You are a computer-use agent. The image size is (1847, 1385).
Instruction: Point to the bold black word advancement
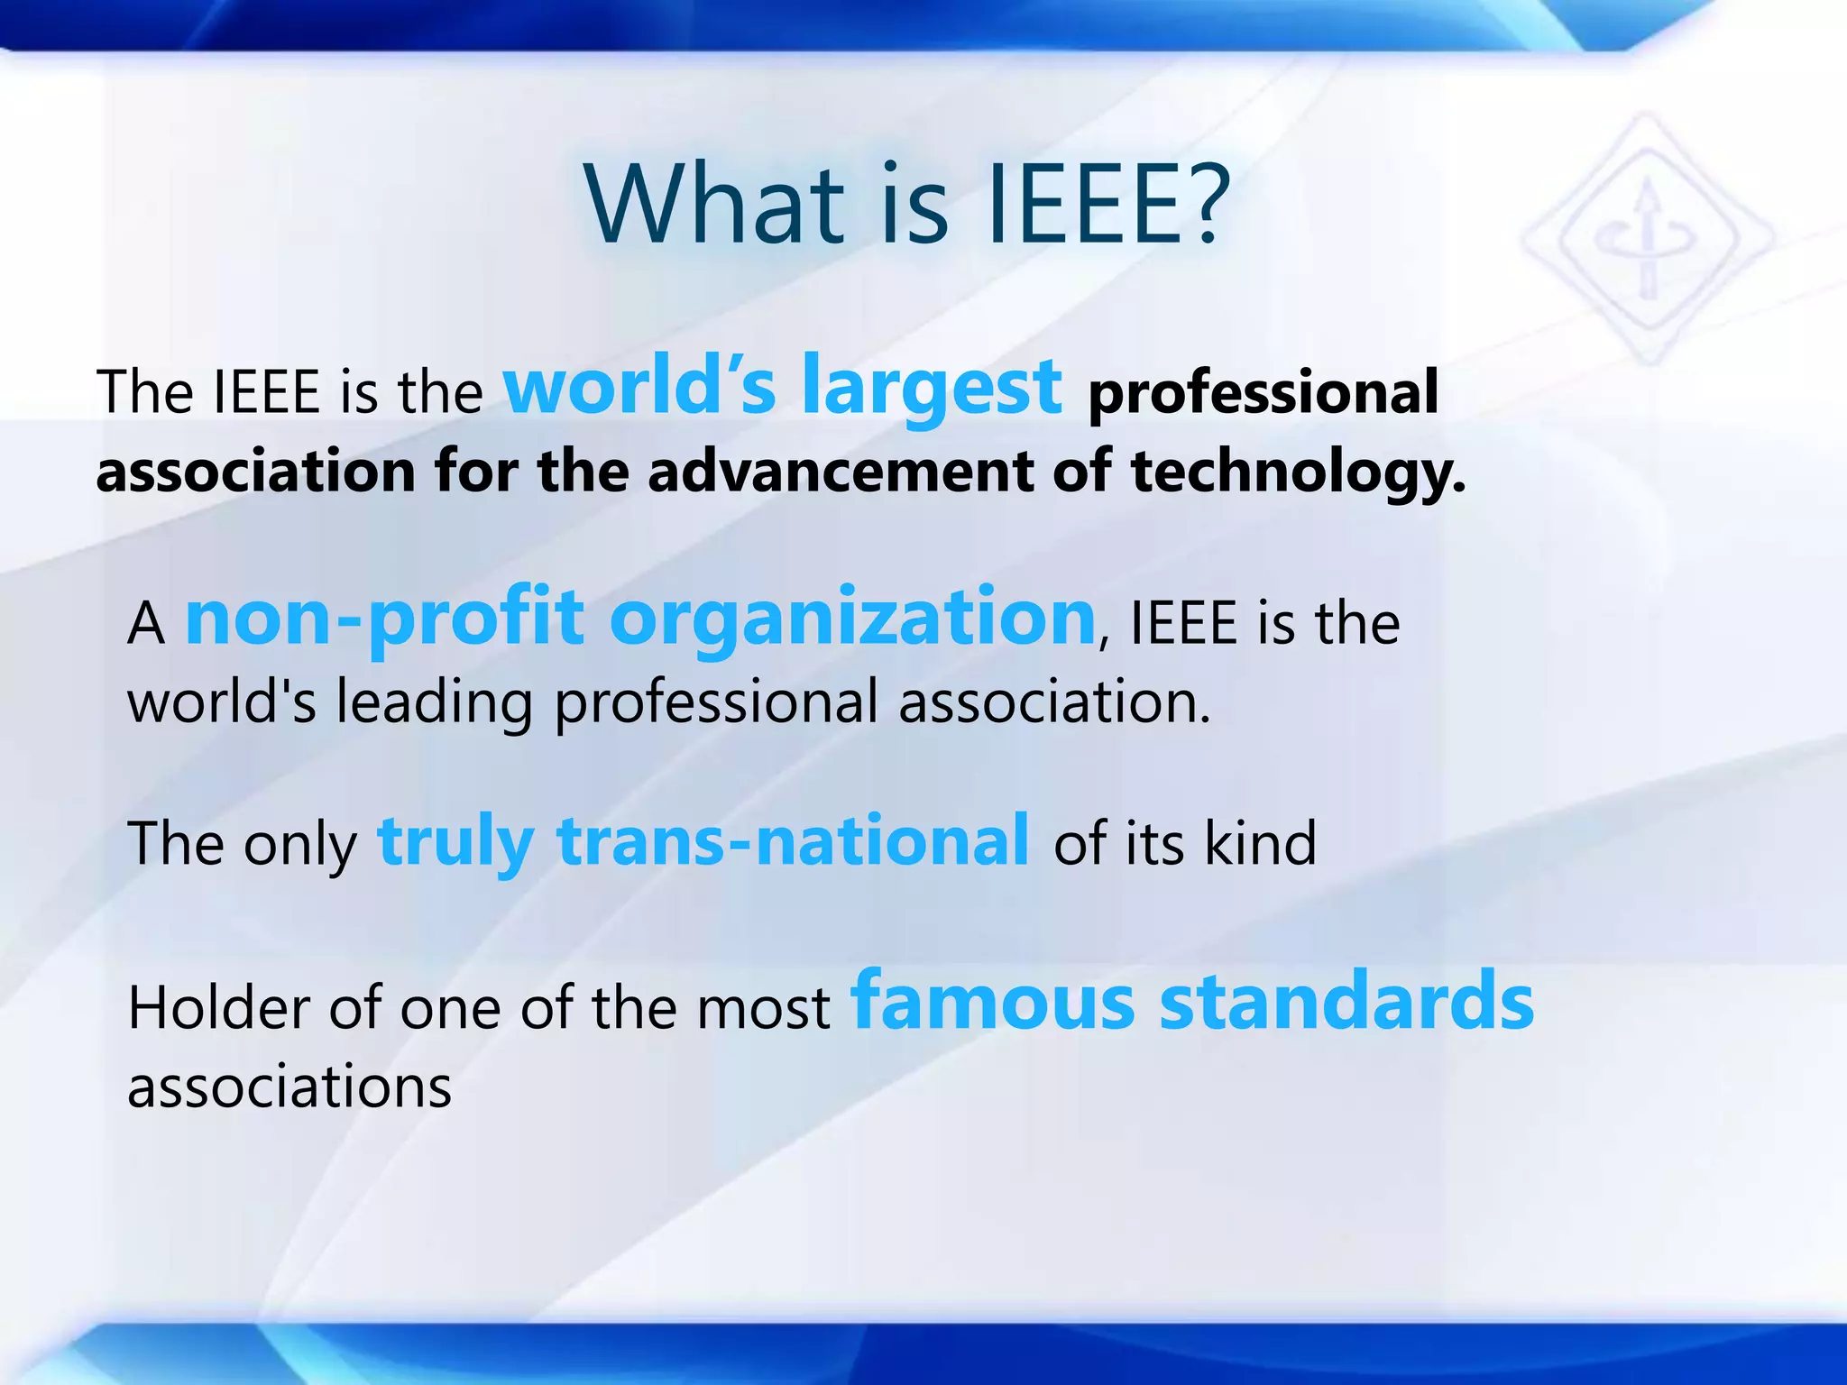(841, 472)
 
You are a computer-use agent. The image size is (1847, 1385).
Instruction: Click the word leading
(434, 703)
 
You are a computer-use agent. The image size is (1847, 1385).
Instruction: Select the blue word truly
(455, 842)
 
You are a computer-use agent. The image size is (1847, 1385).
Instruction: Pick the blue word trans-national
(793, 840)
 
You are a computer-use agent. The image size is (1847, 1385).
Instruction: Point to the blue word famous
(993, 1003)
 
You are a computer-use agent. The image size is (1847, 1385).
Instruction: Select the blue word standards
(1346, 1003)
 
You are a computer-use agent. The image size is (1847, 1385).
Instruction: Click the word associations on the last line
(289, 1087)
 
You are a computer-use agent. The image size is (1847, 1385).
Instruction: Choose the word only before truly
(299, 846)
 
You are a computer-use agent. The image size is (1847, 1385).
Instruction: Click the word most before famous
(778, 1008)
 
